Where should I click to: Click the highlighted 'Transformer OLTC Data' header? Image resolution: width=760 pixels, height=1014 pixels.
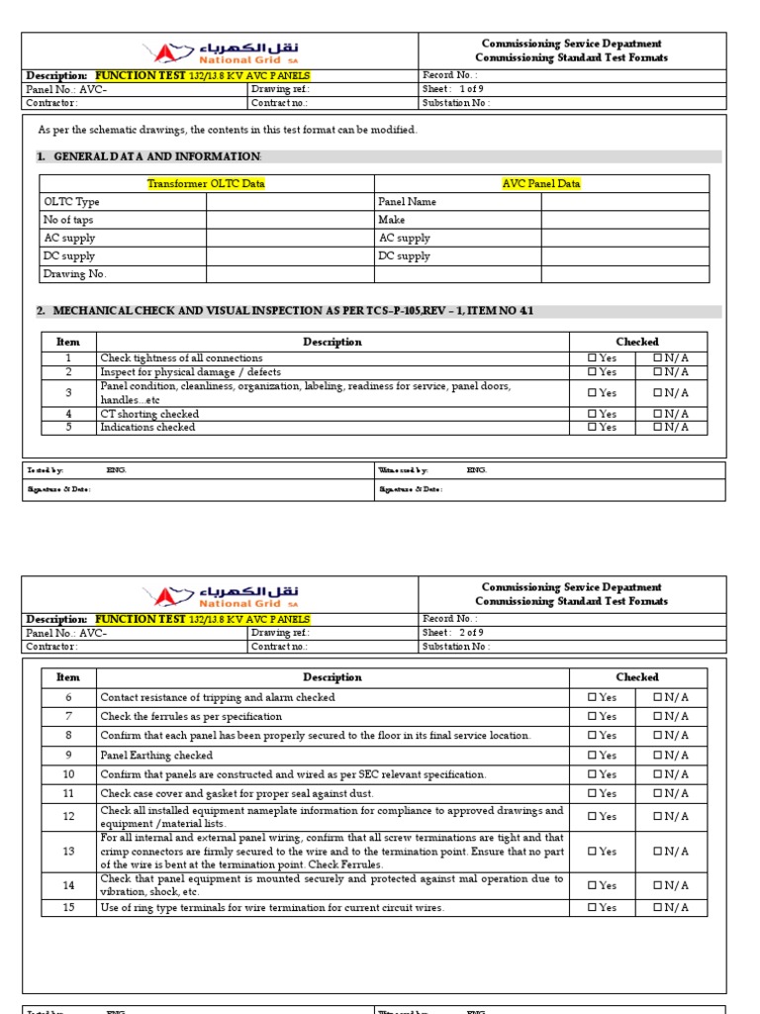206,183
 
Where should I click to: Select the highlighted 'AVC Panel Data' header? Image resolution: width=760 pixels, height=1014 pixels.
541,183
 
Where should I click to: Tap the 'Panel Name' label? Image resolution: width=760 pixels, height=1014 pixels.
407,202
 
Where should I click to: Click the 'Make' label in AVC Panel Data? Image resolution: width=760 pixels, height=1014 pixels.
392,220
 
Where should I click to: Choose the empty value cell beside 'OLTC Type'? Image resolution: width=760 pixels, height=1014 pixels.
289,202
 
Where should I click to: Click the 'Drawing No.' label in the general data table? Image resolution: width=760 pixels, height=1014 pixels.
74,274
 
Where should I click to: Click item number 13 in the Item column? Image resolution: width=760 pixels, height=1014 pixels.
68,852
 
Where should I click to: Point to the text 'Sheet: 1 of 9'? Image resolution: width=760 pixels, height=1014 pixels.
453,89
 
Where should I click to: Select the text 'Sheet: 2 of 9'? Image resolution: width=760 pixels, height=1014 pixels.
453,633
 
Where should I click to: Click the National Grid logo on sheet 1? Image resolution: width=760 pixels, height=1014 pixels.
220,51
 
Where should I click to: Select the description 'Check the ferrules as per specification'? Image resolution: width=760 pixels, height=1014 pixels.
191,717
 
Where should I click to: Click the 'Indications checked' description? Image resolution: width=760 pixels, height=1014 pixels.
147,428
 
